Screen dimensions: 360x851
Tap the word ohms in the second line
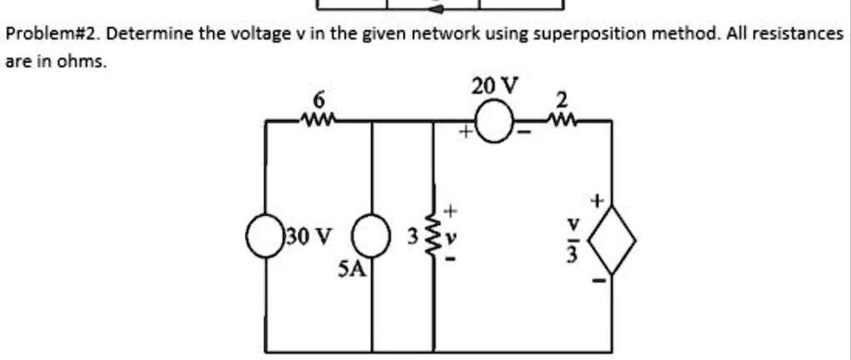pos(87,62)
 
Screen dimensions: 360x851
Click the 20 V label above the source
pos(494,86)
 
